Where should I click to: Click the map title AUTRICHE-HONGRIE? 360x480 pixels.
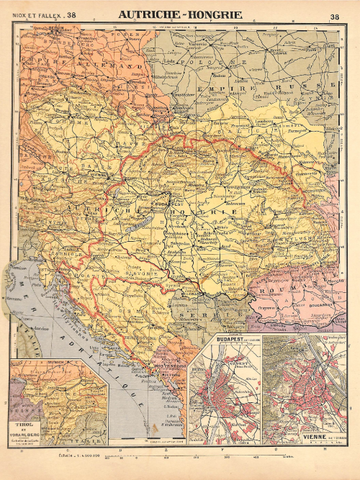coord(180,14)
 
